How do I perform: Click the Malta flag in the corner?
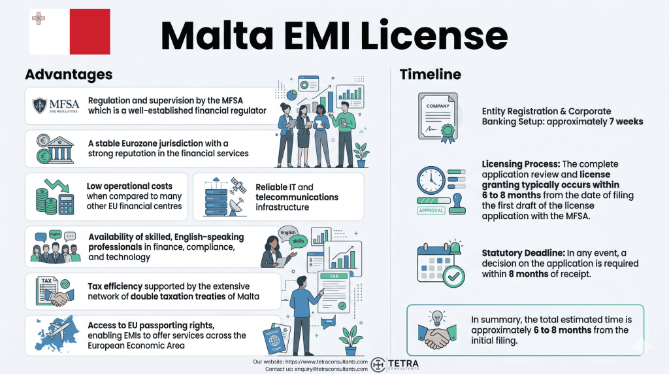(x=70, y=31)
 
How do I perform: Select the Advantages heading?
(x=69, y=74)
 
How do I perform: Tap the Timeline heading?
(x=430, y=74)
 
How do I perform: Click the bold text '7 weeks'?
(x=623, y=121)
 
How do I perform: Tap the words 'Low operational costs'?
(x=129, y=186)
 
